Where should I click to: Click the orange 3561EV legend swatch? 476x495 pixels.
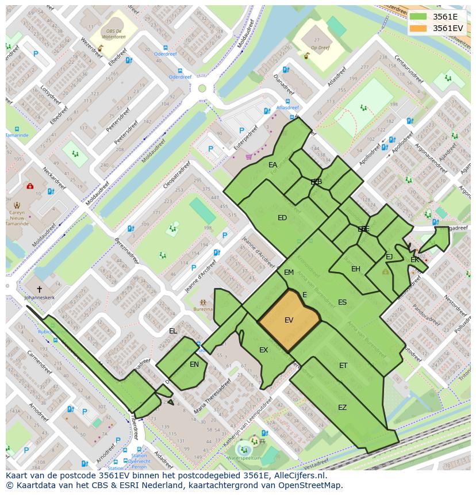tap(419, 28)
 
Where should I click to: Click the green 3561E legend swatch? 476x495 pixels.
tap(419, 17)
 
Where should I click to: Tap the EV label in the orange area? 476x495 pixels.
tap(289, 320)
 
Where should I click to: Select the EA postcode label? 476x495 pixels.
tap(272, 165)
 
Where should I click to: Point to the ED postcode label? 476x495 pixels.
tap(282, 218)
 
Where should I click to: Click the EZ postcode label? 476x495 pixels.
tap(342, 408)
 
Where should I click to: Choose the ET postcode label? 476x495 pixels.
tap(343, 366)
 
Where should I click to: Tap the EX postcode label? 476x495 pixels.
tap(263, 350)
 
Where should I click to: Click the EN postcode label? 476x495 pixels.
tap(194, 364)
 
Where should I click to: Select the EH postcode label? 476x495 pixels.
tap(356, 269)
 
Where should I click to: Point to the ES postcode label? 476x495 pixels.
tap(342, 302)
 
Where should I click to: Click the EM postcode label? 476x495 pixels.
tap(289, 273)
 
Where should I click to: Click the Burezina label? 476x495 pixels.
tap(204, 309)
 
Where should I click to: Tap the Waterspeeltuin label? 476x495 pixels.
tap(244, 458)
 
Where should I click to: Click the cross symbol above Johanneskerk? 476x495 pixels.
tap(39, 289)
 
